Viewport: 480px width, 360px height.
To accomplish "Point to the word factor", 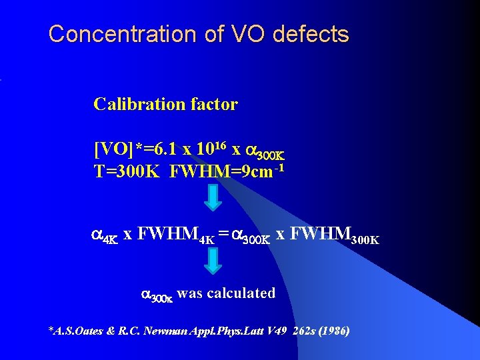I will click(x=213, y=104).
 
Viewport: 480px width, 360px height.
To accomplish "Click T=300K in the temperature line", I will click(x=126, y=171).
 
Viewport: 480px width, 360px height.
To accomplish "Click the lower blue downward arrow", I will click(x=212, y=261).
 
